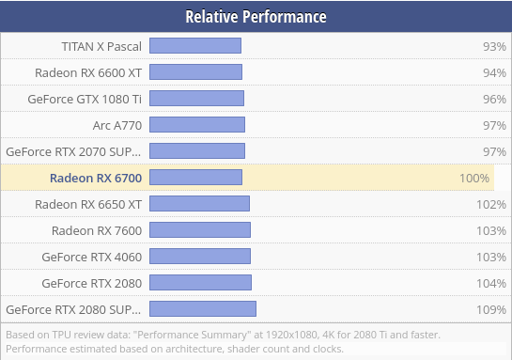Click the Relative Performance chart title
point(256,17)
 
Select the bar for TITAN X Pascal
point(195,45)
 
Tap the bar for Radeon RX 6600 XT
point(195,71)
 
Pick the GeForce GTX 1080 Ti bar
point(196,98)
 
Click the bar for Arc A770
point(197,124)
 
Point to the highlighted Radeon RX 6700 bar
point(195,177)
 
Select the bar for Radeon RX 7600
point(200,229)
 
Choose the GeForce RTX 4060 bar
point(200,256)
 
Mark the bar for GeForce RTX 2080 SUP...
point(203,308)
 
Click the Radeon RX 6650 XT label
point(88,204)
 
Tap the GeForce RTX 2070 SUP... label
point(74,150)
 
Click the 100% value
point(474,178)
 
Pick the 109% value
point(490,309)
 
